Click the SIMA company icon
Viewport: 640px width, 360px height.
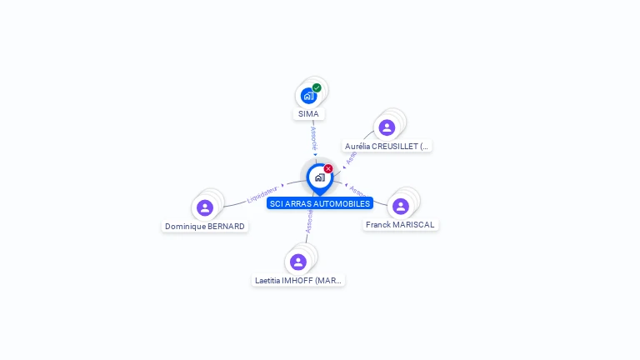point(308,96)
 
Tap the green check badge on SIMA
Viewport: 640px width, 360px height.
point(317,87)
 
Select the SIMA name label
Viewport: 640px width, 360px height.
point(308,114)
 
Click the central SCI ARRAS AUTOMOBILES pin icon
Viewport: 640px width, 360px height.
point(319,177)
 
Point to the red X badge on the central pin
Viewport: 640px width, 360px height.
point(328,169)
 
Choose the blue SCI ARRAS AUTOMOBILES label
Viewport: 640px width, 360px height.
point(319,203)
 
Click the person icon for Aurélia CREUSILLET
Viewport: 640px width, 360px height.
point(387,127)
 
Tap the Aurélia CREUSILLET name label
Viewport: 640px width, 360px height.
point(387,146)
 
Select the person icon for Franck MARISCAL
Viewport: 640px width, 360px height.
point(401,206)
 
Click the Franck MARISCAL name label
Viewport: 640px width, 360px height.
point(400,225)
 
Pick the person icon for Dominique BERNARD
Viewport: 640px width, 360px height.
point(205,207)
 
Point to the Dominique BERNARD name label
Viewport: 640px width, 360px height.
point(205,227)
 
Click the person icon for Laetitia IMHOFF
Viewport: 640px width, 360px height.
point(298,262)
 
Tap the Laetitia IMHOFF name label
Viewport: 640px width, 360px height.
point(298,281)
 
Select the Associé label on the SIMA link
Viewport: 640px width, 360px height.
point(313,138)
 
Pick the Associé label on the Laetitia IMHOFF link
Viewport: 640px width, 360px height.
point(308,221)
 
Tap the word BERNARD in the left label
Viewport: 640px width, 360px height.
point(227,227)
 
